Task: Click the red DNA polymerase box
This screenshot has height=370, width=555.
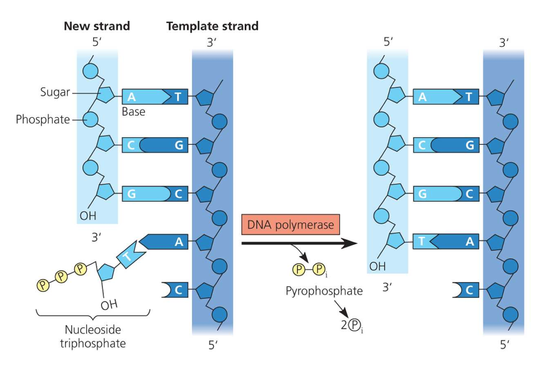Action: click(291, 225)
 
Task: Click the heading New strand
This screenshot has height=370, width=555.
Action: click(97, 26)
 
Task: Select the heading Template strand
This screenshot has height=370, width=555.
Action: click(212, 26)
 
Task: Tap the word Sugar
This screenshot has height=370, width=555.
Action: click(55, 93)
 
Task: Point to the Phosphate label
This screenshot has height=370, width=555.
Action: click(43, 120)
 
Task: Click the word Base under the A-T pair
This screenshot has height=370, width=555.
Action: click(134, 112)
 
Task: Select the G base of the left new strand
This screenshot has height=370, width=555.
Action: click(132, 194)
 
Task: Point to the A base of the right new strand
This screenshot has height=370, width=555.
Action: click(423, 97)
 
